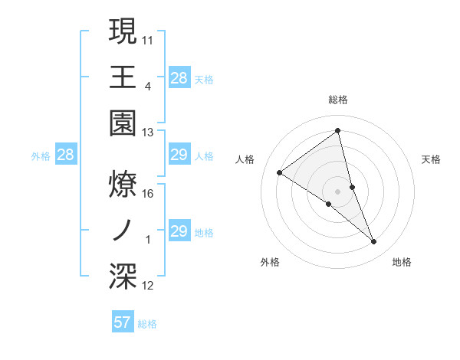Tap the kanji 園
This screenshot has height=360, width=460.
coord(123,123)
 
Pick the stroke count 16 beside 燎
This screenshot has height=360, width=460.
coord(148,193)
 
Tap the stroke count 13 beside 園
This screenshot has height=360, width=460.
coord(148,132)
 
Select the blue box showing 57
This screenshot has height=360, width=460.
coord(123,322)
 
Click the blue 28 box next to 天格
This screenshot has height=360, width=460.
coord(179,77)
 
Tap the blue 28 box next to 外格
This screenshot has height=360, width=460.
coord(66,155)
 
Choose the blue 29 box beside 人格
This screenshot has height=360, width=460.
coord(179,155)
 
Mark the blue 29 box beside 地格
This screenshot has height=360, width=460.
coord(179,232)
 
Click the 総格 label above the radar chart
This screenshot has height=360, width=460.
coord(338,100)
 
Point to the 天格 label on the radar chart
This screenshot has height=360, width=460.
coord(432,159)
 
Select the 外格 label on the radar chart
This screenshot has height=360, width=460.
coord(270,262)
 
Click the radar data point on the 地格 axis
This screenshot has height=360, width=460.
coord(374,241)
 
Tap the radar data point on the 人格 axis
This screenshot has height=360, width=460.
coord(280,172)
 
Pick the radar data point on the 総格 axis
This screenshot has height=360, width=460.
coord(338,131)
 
